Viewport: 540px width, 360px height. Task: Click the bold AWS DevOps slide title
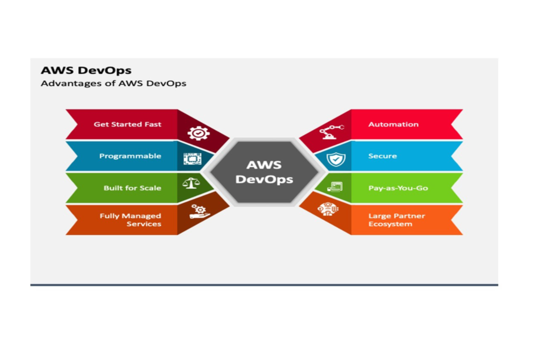(x=86, y=70)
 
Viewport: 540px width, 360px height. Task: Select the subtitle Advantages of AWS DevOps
(x=113, y=83)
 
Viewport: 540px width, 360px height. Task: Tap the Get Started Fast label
(x=128, y=124)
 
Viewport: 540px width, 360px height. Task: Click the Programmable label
(x=130, y=156)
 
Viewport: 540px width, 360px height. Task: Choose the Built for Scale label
(x=132, y=188)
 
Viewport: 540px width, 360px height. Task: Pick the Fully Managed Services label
(x=130, y=220)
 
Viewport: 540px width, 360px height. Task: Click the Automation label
(x=393, y=124)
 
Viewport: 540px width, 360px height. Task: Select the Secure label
(x=382, y=156)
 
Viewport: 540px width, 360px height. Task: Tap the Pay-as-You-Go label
(x=398, y=188)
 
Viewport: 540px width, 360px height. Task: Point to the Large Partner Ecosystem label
(x=397, y=220)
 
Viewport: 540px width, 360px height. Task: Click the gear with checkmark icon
(x=198, y=133)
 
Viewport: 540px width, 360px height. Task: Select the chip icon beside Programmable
(x=192, y=159)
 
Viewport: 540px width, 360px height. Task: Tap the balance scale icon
(x=190, y=183)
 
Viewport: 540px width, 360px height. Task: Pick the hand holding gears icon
(x=199, y=211)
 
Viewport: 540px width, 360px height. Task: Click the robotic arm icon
(x=331, y=131)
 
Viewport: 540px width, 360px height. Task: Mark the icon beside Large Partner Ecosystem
(x=327, y=209)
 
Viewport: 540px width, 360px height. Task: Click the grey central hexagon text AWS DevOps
(x=264, y=172)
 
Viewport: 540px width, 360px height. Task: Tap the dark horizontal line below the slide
(x=264, y=285)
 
